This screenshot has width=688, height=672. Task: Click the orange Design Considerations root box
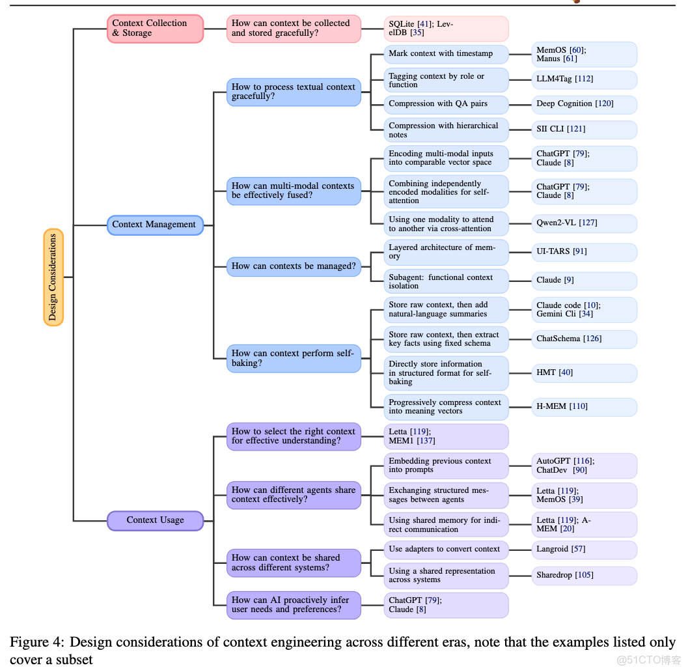(53, 277)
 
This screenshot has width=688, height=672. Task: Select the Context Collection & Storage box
(156, 29)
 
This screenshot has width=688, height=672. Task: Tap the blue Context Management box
(156, 225)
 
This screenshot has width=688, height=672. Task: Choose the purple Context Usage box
(156, 520)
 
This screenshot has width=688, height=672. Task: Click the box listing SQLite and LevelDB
(446, 29)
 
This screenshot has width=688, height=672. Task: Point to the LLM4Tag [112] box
(584, 79)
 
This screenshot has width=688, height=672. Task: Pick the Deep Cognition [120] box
(584, 104)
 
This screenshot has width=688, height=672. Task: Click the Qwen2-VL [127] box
(584, 223)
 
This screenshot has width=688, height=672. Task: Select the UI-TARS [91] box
(584, 252)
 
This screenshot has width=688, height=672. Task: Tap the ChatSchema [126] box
(584, 339)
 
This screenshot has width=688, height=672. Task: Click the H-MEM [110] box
(584, 407)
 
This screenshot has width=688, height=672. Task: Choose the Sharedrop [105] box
(584, 576)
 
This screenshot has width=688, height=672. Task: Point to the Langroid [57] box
(584, 550)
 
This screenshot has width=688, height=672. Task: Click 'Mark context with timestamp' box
(446, 54)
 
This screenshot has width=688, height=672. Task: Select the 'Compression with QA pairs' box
(446, 104)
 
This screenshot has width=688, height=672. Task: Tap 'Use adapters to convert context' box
(446, 550)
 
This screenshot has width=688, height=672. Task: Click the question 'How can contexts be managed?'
(294, 266)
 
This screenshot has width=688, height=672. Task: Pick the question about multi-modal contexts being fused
(294, 191)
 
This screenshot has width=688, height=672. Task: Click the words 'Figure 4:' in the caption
(36, 643)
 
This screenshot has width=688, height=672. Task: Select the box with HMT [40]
(584, 373)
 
